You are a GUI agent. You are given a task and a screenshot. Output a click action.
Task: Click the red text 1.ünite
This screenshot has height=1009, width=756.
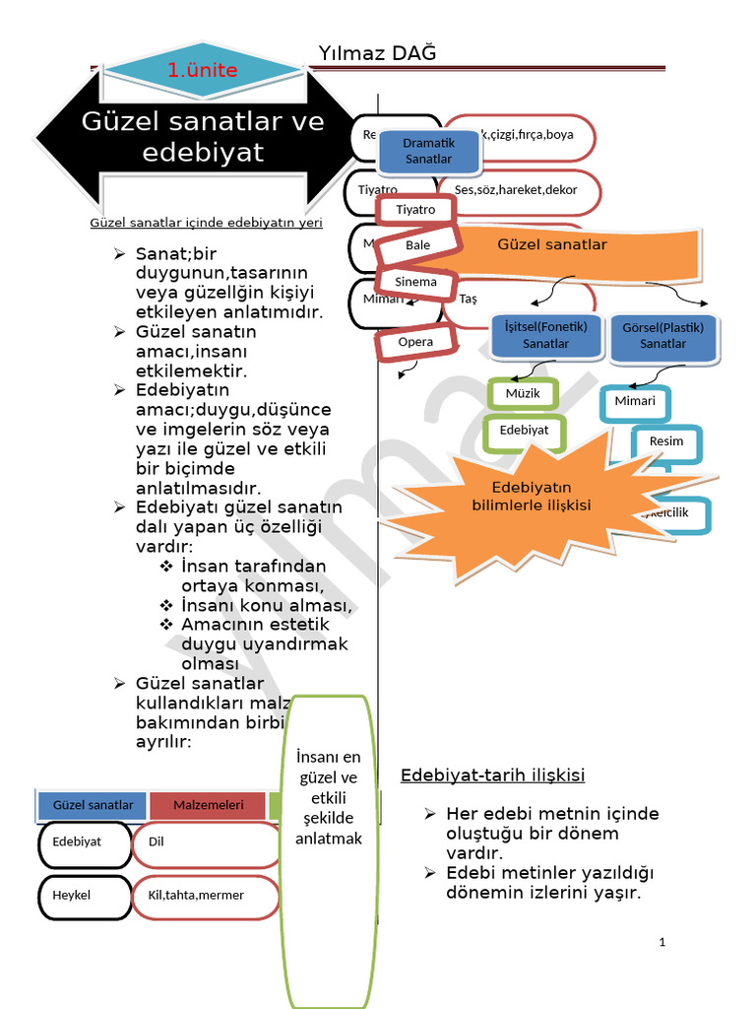(x=203, y=70)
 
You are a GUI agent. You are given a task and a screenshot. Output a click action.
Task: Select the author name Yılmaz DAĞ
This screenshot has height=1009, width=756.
(x=377, y=52)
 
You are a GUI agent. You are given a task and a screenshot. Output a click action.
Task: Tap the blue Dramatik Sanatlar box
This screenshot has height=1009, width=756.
(x=428, y=151)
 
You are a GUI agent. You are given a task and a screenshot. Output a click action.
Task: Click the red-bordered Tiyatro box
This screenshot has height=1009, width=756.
(x=415, y=209)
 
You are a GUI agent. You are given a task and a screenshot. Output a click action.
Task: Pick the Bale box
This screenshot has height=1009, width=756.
(x=417, y=245)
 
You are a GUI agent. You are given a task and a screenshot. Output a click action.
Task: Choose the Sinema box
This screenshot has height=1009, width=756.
(x=415, y=282)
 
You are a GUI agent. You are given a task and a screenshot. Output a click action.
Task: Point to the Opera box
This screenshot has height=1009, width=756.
(x=415, y=343)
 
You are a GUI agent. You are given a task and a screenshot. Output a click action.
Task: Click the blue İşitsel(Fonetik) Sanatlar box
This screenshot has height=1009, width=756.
(x=545, y=335)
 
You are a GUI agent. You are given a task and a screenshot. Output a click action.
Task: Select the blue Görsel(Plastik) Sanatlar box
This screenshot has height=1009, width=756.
(x=663, y=335)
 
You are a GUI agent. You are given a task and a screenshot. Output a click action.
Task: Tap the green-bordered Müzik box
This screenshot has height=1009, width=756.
(x=523, y=394)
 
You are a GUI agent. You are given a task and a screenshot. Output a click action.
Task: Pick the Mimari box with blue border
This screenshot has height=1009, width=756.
(x=635, y=401)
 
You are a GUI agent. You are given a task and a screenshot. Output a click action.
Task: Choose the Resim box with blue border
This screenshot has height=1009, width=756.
(x=666, y=440)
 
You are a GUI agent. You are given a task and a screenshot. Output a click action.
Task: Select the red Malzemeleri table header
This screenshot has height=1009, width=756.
(x=208, y=805)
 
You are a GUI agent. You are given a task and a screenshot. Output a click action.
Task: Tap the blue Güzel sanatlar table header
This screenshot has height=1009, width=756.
(x=93, y=805)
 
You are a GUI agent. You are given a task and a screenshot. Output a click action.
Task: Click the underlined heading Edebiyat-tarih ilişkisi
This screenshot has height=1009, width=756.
(x=492, y=775)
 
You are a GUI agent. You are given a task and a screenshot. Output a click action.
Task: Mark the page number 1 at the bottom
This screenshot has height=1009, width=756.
(x=662, y=942)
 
